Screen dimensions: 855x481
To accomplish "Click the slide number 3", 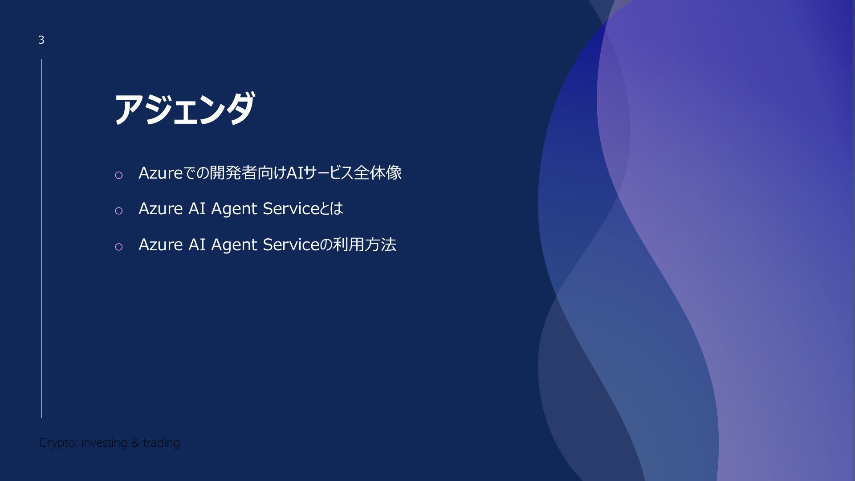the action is click(41, 40).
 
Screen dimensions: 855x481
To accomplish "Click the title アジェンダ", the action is click(185, 108).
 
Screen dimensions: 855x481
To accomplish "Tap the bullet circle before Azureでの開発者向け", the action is click(118, 175).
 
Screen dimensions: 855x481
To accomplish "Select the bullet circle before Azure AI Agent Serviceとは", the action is click(118, 211).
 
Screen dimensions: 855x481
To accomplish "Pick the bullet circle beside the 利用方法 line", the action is click(118, 247).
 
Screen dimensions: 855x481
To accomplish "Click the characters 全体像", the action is click(378, 173).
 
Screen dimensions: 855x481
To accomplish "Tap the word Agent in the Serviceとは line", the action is click(234, 209).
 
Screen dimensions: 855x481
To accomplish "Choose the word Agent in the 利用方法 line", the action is click(234, 245).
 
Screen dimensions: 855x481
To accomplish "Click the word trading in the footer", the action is click(162, 443).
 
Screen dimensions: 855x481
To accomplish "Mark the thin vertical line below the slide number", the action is click(41, 238).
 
